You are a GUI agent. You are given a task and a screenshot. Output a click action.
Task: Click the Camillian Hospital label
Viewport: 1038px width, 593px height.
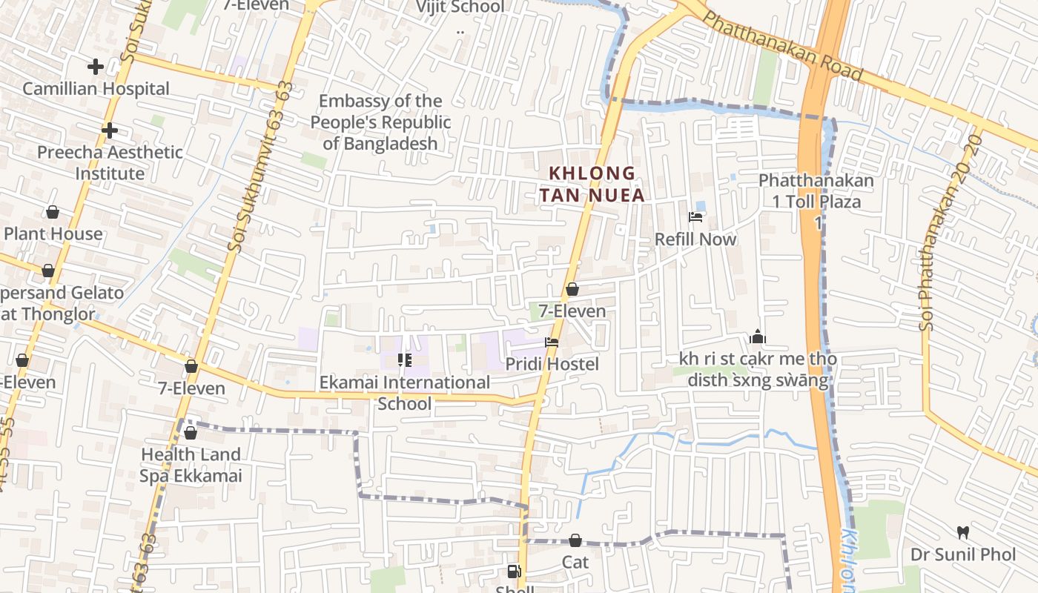click(x=96, y=89)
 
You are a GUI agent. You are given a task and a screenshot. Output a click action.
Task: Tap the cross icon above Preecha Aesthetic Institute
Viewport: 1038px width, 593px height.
click(x=110, y=131)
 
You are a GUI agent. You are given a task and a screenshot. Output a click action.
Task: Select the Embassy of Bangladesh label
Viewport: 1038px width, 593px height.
click(x=380, y=122)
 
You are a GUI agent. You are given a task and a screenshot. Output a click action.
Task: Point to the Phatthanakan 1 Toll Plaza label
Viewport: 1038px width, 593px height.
click(x=816, y=191)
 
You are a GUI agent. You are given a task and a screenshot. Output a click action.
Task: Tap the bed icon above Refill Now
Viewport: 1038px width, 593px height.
click(x=695, y=217)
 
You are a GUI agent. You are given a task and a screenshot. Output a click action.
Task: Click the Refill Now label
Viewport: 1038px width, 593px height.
click(x=695, y=239)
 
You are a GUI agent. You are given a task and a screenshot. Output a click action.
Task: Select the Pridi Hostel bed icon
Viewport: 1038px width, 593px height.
click(x=552, y=342)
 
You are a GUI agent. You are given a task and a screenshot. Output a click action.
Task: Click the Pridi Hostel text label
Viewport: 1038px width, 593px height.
click(x=552, y=365)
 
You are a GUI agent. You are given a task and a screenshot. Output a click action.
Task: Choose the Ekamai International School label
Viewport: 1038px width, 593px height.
click(x=405, y=393)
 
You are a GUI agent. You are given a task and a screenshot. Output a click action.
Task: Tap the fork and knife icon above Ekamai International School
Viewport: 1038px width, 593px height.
click(x=405, y=360)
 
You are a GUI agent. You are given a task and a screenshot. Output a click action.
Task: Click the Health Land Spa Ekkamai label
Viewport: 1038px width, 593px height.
click(x=191, y=465)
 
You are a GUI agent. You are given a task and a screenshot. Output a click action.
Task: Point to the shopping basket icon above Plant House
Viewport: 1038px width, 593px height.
click(x=53, y=213)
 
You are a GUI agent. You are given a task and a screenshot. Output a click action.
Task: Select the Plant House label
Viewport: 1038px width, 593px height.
click(x=53, y=234)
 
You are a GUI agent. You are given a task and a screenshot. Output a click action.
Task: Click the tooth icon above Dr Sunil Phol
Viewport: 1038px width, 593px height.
click(x=963, y=532)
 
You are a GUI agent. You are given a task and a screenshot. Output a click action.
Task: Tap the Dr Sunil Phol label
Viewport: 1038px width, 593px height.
click(x=963, y=554)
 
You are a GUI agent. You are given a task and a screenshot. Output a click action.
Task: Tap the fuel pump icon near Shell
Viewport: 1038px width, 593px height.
click(x=513, y=572)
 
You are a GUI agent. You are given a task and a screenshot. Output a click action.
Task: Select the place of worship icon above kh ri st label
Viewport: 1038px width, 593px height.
click(x=757, y=337)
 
